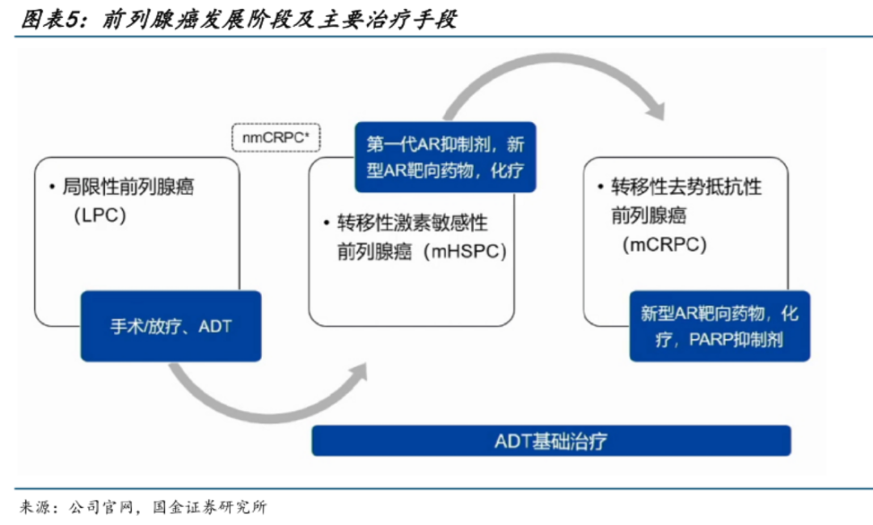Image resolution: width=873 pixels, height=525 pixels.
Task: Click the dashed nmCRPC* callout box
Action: click(x=276, y=138)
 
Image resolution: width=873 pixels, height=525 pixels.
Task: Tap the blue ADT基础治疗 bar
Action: click(x=551, y=441)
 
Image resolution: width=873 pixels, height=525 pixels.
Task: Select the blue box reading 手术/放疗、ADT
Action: click(x=171, y=326)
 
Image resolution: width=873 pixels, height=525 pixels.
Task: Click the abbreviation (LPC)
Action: click(x=99, y=216)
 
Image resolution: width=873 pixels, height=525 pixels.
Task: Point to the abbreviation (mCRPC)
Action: click(x=664, y=244)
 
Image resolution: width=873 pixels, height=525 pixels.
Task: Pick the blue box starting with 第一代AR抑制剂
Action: click(x=445, y=157)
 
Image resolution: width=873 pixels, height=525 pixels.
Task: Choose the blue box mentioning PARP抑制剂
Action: click(x=719, y=326)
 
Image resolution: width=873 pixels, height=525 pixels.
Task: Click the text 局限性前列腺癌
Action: click(x=129, y=188)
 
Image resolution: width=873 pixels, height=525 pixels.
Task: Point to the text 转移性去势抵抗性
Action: click(x=686, y=187)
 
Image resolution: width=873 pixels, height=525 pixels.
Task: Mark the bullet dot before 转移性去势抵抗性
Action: click(x=600, y=187)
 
